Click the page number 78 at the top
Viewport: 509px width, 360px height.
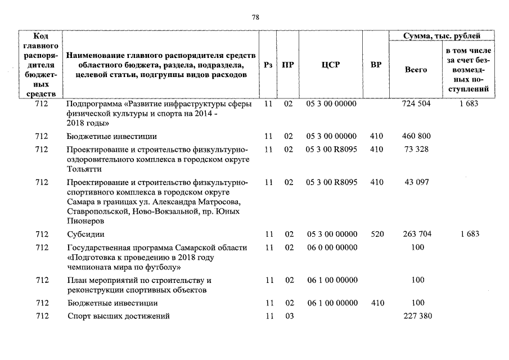tap(255, 17)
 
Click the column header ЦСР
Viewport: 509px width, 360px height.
tap(331, 65)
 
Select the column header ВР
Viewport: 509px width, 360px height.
tap(376, 65)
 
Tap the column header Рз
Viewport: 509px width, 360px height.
tap(268, 65)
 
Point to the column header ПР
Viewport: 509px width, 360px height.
tap(288, 65)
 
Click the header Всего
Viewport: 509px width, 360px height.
tap(416, 70)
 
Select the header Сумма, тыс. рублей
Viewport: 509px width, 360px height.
tap(442, 36)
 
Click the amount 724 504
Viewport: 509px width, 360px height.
tap(417, 104)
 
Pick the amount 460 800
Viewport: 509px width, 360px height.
tap(417, 136)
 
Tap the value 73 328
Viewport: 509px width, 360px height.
tap(417, 150)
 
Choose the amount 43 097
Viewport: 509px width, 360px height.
tap(417, 182)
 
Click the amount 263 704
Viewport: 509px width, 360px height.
tap(417, 234)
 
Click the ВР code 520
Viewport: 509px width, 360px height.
tap(377, 234)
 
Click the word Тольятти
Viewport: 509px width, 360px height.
tap(84, 169)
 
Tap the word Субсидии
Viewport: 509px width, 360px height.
tap(85, 234)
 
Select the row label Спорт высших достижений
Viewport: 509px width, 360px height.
tap(118, 316)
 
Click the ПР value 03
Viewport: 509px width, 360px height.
tap(289, 316)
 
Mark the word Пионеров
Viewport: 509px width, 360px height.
tap(85, 222)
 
